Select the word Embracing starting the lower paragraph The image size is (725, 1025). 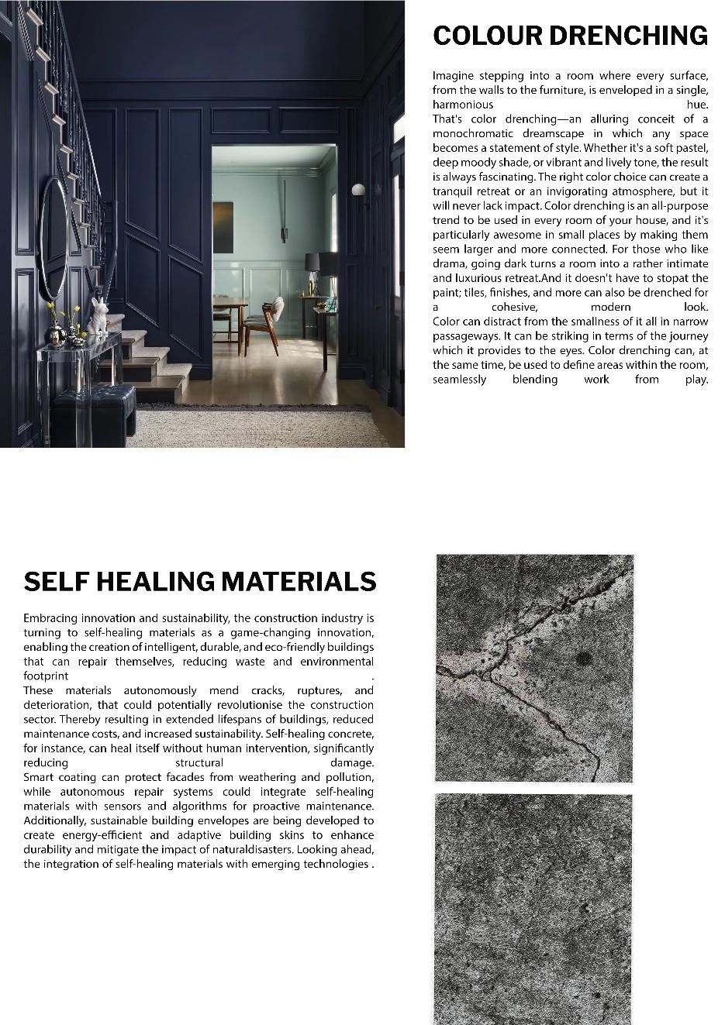[51, 618]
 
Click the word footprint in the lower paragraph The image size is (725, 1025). [46, 676]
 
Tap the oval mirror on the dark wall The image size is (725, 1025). [53, 238]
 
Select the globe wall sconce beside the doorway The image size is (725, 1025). [357, 190]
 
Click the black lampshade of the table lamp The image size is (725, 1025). [320, 263]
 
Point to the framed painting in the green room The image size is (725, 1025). [223, 227]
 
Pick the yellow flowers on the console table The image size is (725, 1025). [63, 313]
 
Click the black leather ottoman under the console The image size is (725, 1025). [93, 408]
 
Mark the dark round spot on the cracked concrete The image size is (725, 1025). [583, 659]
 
